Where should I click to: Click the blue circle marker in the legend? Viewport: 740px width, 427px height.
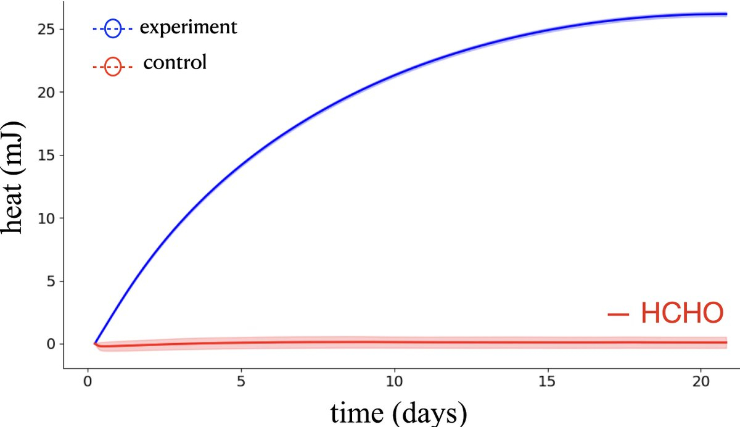click(x=113, y=28)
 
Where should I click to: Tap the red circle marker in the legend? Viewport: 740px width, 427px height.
click(x=113, y=66)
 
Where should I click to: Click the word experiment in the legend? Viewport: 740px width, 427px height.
click(x=187, y=28)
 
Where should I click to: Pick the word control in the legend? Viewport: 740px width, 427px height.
click(x=175, y=63)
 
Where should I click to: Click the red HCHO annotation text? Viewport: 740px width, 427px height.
click(x=681, y=313)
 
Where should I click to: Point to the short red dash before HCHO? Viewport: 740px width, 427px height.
click(x=618, y=315)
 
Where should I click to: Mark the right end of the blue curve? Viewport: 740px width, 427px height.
click(x=726, y=14)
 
